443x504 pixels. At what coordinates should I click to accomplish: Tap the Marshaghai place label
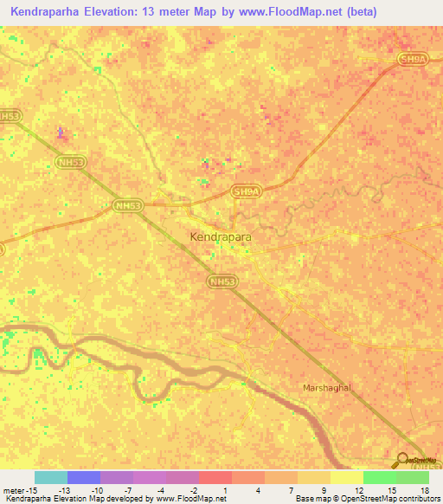point(327,387)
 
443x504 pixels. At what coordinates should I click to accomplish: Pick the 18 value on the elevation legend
point(424,489)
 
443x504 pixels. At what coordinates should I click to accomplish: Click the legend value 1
point(224,489)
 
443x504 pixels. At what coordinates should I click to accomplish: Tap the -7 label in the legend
point(128,489)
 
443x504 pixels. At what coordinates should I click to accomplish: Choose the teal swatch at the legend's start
point(50,477)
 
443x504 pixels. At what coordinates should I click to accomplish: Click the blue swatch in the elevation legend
point(83,477)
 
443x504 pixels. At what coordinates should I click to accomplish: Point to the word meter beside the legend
point(12,489)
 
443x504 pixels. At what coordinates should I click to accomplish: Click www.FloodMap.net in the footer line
point(191,499)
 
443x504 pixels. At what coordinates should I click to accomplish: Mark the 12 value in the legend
point(358,489)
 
